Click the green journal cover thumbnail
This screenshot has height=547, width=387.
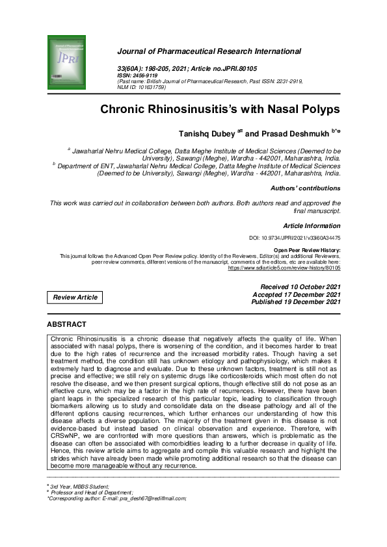(x=66, y=62)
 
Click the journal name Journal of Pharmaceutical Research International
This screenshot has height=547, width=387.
(x=208, y=51)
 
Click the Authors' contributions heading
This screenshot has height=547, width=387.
(x=305, y=188)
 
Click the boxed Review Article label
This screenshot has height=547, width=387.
(x=75, y=298)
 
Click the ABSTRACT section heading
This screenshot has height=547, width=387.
(x=66, y=324)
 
